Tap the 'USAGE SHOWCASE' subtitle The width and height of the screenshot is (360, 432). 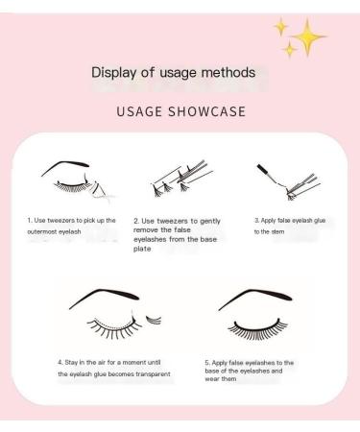point(180,110)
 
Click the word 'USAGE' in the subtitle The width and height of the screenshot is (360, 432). point(136,110)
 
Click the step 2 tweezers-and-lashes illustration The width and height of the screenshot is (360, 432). point(177,183)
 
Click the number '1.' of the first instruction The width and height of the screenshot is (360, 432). point(29,220)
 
